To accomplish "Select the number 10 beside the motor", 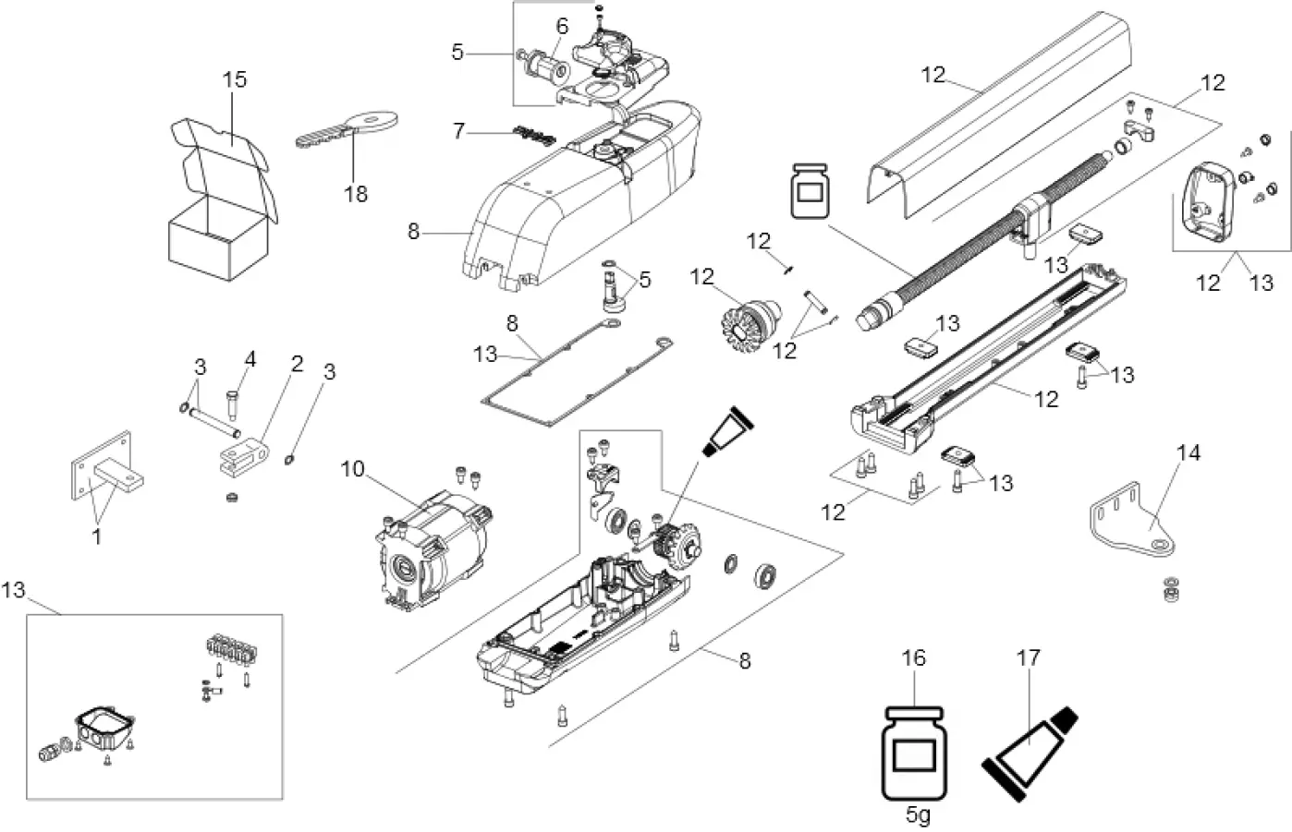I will pos(353,469).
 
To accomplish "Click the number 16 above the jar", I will pos(912,658).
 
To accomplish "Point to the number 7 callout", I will pos(459,131).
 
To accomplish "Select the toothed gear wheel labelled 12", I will pos(750,318).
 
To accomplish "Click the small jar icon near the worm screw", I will pos(811,193).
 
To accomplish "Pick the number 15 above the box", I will pos(235,79).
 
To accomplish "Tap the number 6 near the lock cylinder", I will pos(561,27).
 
